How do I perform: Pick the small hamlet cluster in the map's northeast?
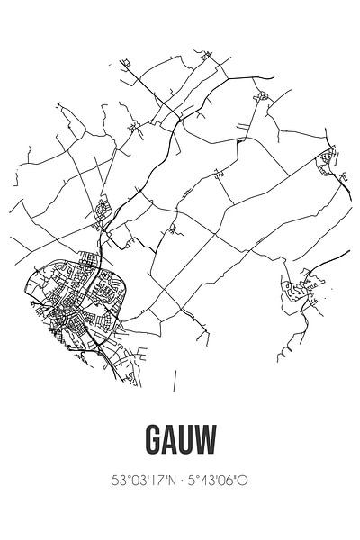[261, 94]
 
